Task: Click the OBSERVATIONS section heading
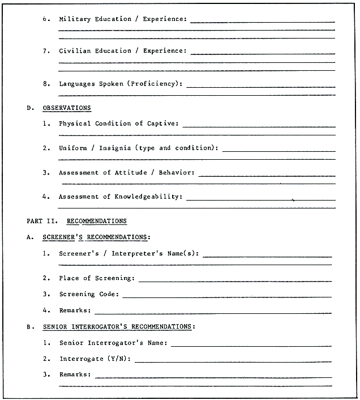(67, 108)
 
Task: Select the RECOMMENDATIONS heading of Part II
(97, 221)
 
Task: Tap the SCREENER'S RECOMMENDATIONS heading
(96, 237)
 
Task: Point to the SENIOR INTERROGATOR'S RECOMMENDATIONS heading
(118, 327)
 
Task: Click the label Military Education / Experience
(122, 19)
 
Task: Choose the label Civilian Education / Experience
(122, 51)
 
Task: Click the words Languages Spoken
(91, 84)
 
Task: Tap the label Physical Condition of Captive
(118, 124)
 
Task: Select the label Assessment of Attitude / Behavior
(126, 173)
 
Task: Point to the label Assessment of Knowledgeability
(120, 197)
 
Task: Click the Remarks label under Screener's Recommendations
(74, 310)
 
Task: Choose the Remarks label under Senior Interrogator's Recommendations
(74, 375)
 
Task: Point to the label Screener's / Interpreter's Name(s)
(128, 253)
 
